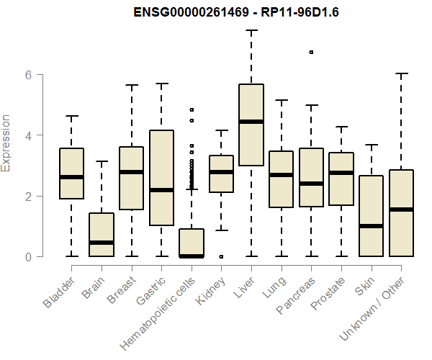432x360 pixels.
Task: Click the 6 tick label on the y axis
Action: coord(30,74)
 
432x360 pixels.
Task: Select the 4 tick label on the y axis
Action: coord(30,135)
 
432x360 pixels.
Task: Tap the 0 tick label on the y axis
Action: coord(30,256)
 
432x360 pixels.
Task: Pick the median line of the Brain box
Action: coord(102,243)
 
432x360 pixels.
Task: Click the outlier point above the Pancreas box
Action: coord(311,52)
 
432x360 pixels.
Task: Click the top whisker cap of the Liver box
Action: coord(251,31)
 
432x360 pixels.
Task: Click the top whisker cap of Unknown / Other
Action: coord(401,73)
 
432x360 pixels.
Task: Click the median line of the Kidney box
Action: coord(221,172)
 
